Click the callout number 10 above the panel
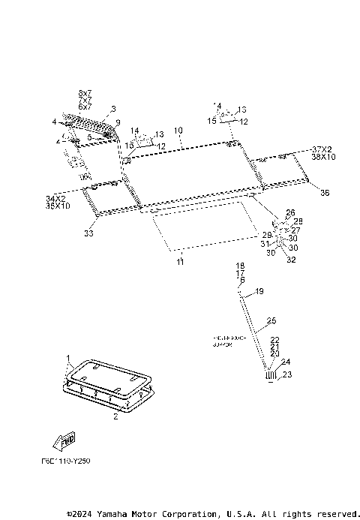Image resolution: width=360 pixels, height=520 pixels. pyautogui.click(x=178, y=131)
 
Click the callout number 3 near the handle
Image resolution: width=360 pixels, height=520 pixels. pyautogui.click(x=113, y=109)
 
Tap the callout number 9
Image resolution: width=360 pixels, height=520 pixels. pyautogui.click(x=117, y=122)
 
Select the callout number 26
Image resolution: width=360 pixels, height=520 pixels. pyautogui.click(x=290, y=212)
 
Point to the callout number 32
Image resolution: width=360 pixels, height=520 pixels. pyautogui.click(x=290, y=260)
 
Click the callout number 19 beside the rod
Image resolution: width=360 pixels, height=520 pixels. pyautogui.click(x=259, y=291)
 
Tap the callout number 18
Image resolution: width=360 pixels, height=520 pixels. pyautogui.click(x=241, y=266)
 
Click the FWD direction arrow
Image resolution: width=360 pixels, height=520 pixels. pyautogui.click(x=64, y=440)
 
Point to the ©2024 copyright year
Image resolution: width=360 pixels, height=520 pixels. pyautogui.click(x=79, y=513)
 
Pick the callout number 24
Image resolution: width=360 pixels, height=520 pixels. pyautogui.click(x=284, y=362)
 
